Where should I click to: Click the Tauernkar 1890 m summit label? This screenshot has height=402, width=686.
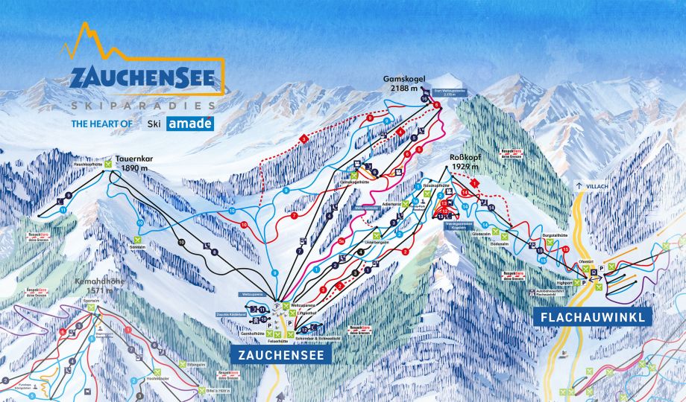pos(133,164)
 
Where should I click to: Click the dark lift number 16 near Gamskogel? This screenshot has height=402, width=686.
pos(424,98)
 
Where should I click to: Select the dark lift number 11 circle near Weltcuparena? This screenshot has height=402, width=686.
pos(262,309)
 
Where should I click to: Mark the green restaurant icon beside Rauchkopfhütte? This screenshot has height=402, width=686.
pos(108,163)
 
